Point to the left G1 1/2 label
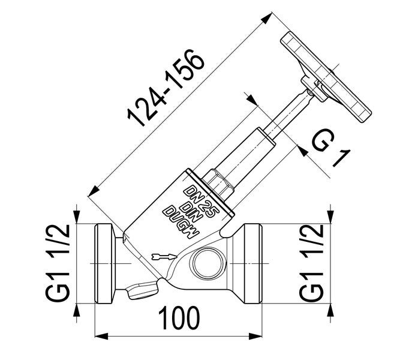pos(59,262)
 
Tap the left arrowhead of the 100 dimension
pos(101,334)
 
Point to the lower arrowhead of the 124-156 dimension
pos(92,192)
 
